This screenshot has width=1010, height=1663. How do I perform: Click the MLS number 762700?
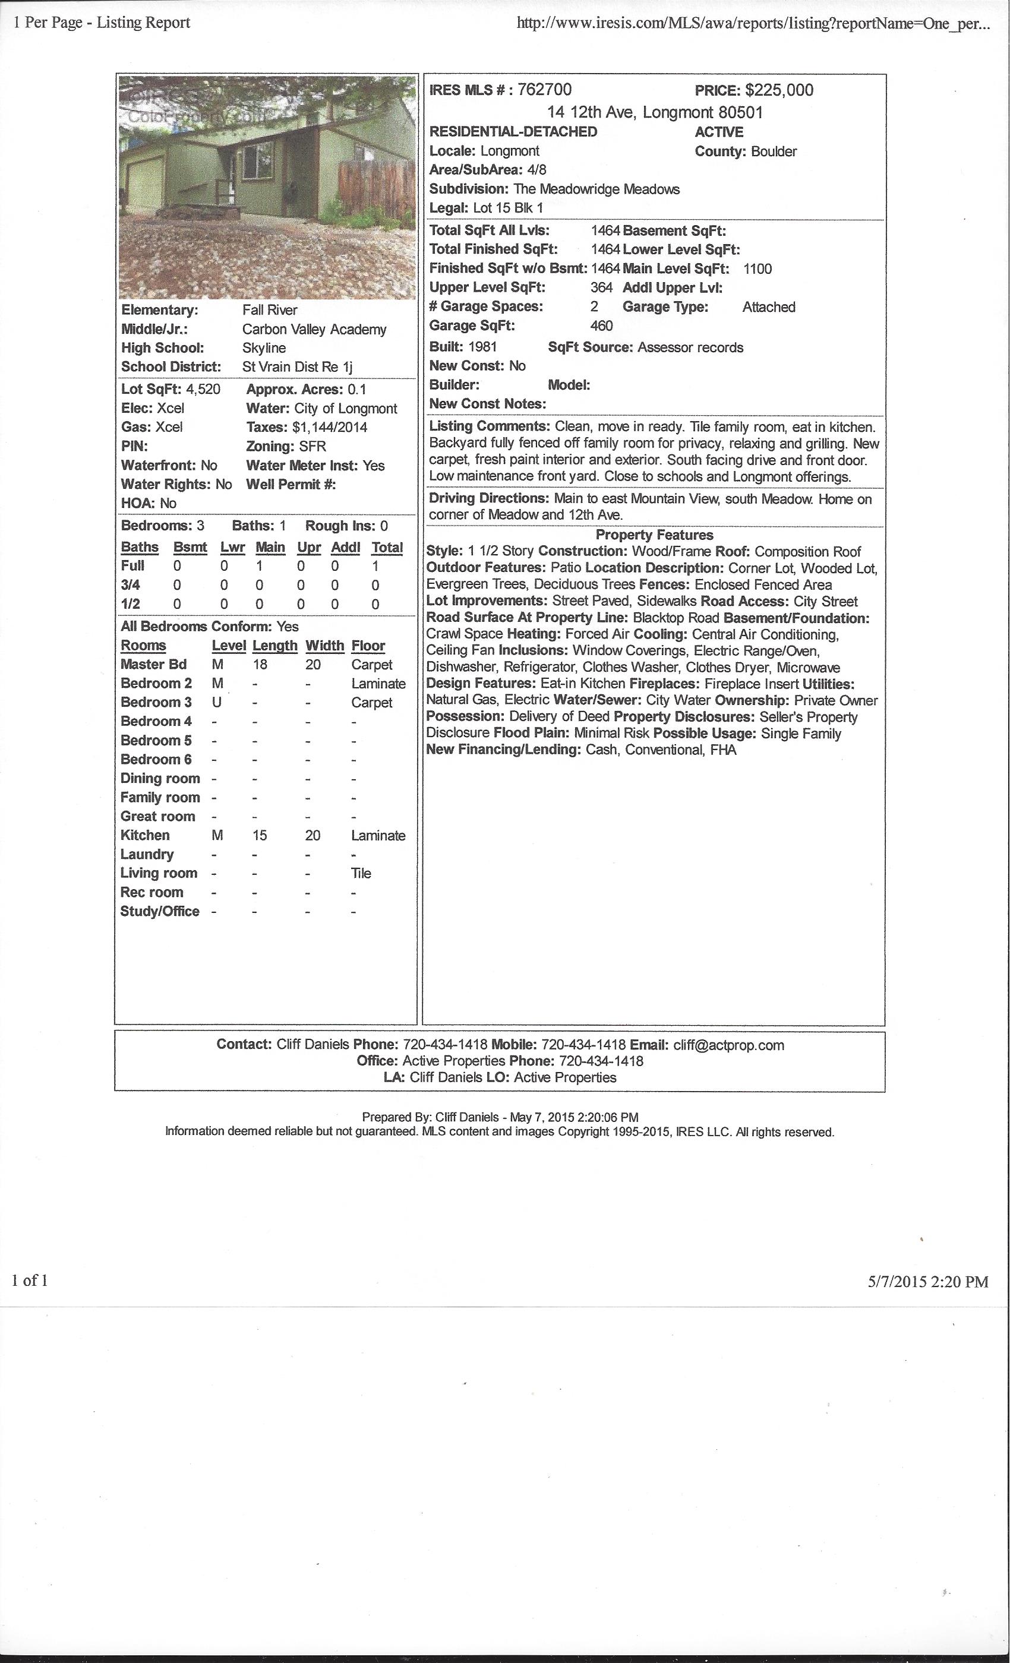coord(544,90)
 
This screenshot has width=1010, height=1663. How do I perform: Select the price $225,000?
coord(779,90)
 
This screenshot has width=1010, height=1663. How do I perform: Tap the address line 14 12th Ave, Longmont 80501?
coord(654,112)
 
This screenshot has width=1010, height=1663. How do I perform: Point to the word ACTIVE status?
coord(719,132)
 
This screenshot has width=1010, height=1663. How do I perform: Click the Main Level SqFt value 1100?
coord(757,268)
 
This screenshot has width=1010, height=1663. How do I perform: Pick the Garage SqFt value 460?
coord(601,325)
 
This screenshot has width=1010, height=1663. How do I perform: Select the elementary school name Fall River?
coord(269,310)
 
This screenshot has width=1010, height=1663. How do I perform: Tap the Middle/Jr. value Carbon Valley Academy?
coord(314,330)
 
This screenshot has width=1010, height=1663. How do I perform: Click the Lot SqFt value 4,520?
coord(203,389)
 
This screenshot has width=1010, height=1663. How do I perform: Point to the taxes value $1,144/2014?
coord(330,427)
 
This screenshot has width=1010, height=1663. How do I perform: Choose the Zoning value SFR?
coord(313,446)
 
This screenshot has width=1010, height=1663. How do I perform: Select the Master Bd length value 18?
coord(260,664)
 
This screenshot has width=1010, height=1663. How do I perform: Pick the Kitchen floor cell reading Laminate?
coord(378,836)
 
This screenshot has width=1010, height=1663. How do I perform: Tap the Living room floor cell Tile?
coord(361,873)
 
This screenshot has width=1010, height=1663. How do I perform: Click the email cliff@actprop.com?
coord(728,1045)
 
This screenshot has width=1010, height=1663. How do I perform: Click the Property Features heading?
coord(654,535)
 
